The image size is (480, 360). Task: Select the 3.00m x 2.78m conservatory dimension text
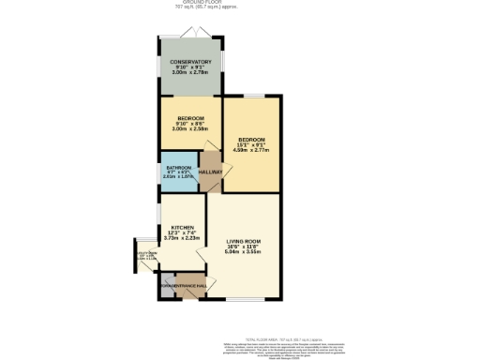pos(191,71)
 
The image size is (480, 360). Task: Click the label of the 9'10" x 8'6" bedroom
pos(190,118)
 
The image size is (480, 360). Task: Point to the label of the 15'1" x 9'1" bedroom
pos(251,139)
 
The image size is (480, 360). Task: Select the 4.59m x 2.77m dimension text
pos(251,150)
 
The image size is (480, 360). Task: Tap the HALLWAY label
pos(211,172)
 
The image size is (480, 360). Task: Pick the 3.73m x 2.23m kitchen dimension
pos(182,239)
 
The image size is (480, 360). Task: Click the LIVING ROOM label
pos(243,241)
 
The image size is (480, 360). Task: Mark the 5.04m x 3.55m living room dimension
pos(243,252)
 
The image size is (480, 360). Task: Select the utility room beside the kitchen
pos(147,254)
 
